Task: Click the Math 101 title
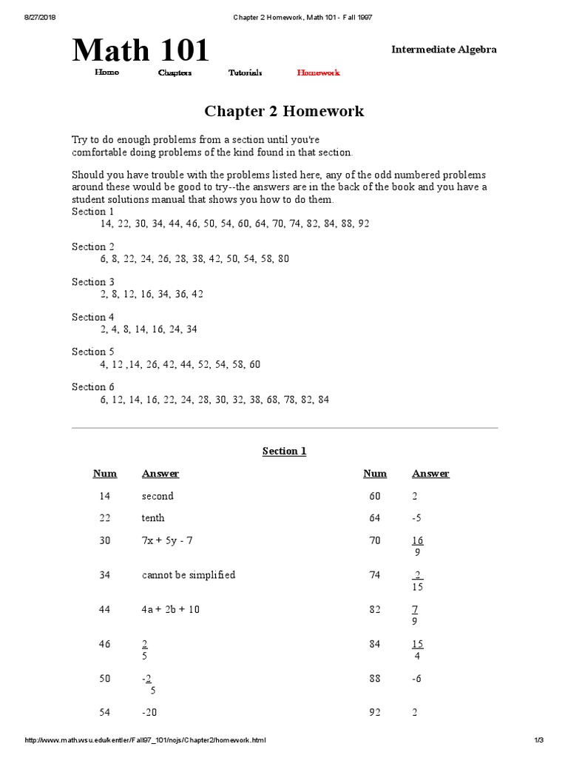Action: [141, 50]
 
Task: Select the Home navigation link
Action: [106, 73]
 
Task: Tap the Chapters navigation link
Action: [175, 73]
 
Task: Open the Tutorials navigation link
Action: [245, 73]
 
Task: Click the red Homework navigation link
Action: [318, 73]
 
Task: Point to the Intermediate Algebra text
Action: [444, 50]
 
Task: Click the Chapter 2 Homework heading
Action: [284, 112]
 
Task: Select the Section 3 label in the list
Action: [93, 281]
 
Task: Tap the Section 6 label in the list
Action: [93, 386]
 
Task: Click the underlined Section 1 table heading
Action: [284, 451]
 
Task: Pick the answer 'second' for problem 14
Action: [158, 496]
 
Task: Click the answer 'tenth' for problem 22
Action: [153, 518]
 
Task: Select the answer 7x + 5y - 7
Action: [167, 541]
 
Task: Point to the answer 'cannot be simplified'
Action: [189, 575]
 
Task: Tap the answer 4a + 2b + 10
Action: [171, 609]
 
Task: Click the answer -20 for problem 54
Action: [149, 713]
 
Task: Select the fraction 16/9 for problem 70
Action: [417, 546]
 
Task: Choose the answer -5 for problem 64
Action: [416, 518]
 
